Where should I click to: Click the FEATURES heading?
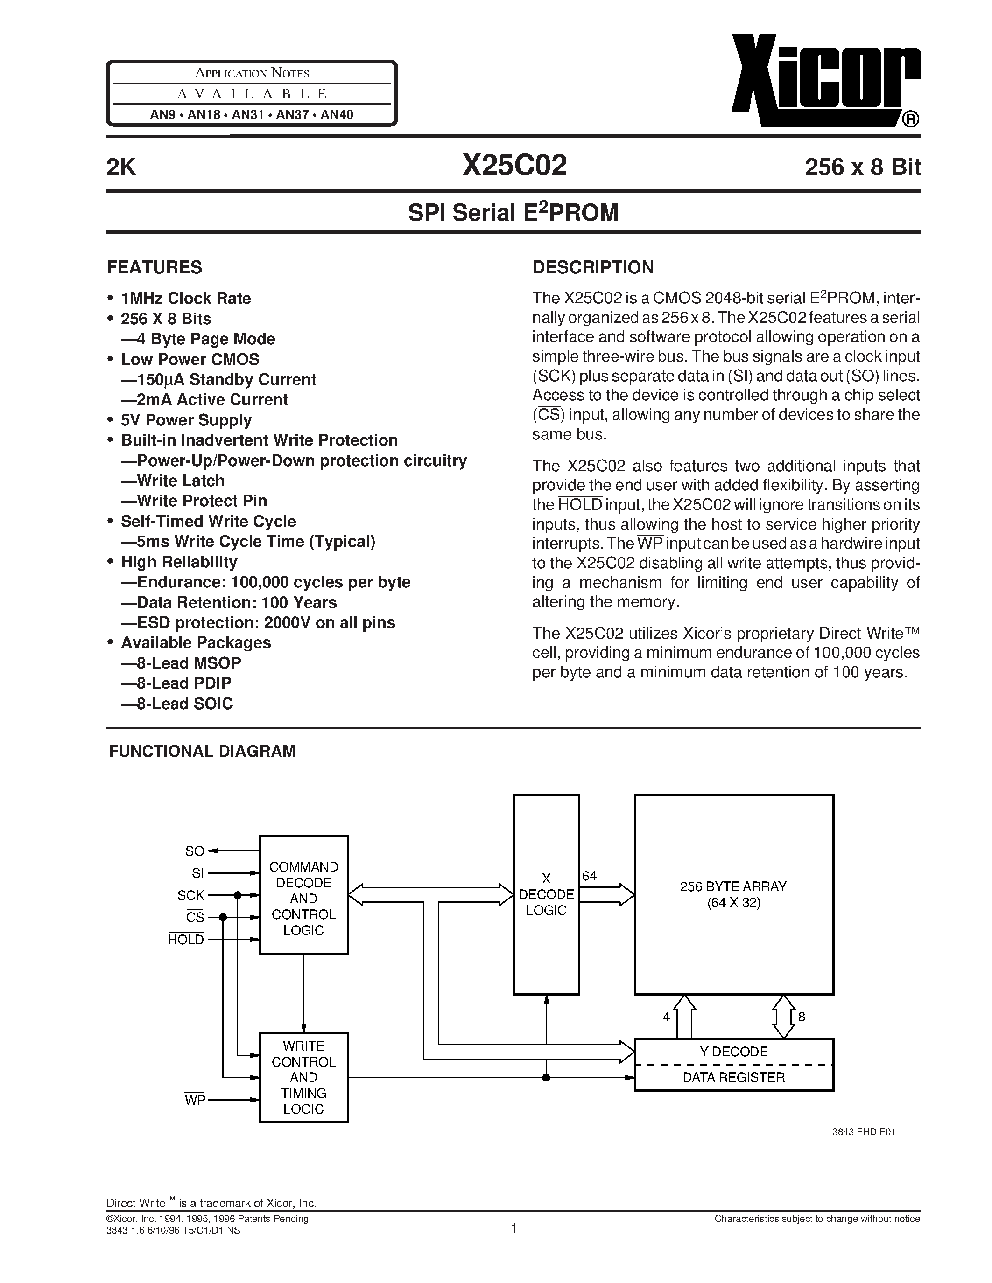click(154, 267)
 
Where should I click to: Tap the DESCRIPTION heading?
click(592, 267)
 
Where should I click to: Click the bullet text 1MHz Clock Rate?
click(185, 299)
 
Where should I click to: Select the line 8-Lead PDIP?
click(183, 683)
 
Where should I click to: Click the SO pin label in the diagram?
click(195, 851)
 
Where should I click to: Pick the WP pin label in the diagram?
click(195, 1100)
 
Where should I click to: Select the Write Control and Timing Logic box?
click(303, 1077)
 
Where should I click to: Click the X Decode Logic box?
click(546, 895)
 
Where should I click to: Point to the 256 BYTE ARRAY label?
click(733, 886)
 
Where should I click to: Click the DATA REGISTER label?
click(733, 1077)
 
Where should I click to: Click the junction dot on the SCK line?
click(238, 895)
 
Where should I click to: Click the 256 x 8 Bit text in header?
click(862, 167)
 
